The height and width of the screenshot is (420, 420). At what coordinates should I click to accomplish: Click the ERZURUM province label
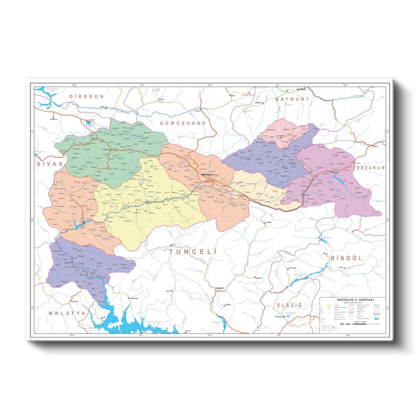tap(371, 168)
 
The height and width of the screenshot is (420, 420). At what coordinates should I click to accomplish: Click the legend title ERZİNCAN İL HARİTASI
tap(353, 300)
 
